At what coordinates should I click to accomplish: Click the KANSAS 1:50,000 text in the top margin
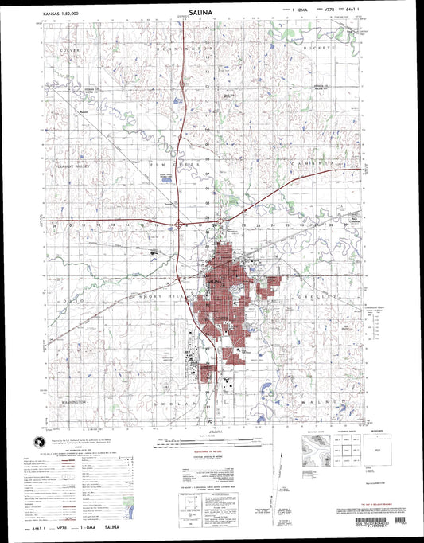(x=65, y=14)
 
